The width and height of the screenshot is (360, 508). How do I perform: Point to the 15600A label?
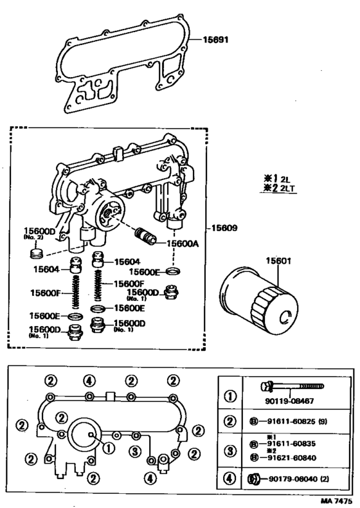coord(183,244)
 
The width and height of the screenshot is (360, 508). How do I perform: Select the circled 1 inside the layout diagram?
coord(108,448)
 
